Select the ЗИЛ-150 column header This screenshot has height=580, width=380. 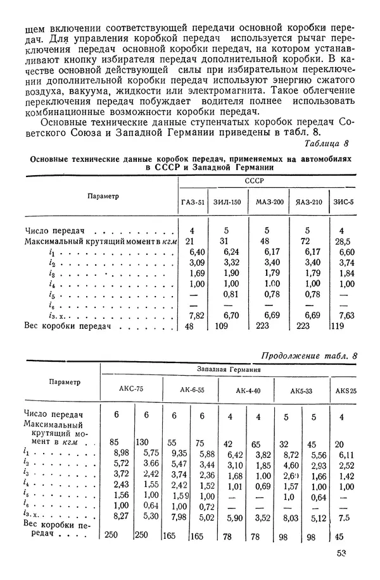coord(229,203)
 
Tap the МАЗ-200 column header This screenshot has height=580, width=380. coord(269,203)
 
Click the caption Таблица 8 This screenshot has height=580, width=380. coord(327,144)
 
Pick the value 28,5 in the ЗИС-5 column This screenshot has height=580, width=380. coord(343,242)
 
